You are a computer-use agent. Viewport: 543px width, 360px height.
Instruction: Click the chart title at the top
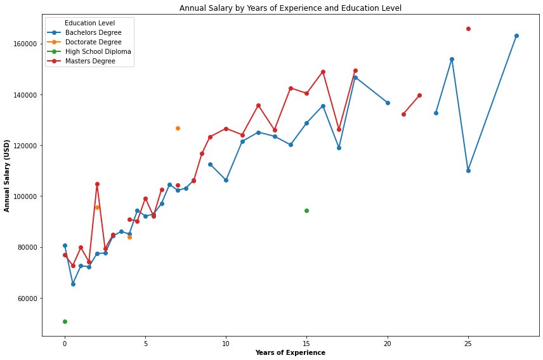click(x=290, y=8)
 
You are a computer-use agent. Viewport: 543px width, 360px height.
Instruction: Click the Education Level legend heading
click(x=89, y=23)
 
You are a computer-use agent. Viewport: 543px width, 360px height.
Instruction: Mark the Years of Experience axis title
click(x=290, y=353)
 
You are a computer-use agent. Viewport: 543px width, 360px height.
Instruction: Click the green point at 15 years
click(x=306, y=210)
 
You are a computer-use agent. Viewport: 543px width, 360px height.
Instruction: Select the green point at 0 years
click(x=65, y=321)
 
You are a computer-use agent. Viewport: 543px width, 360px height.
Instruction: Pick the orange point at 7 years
click(x=178, y=128)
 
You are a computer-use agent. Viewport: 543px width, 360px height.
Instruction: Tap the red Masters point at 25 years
click(x=468, y=29)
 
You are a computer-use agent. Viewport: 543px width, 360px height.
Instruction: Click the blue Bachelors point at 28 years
click(x=516, y=35)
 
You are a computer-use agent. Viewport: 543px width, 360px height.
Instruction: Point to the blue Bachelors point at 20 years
click(x=388, y=103)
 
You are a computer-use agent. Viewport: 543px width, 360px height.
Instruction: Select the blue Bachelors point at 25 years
click(x=468, y=170)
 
